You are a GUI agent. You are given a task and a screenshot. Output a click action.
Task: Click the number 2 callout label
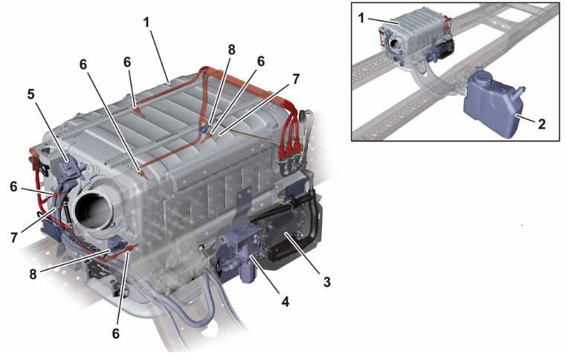tap(541, 124)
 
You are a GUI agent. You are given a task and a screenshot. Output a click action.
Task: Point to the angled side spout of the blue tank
tap(520, 91)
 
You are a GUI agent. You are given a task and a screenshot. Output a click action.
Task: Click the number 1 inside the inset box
tap(361, 17)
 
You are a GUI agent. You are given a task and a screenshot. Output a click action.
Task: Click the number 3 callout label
tap(326, 281)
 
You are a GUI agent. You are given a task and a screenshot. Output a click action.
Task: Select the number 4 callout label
tap(285, 301)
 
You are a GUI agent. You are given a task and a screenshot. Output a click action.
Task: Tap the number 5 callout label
tap(30, 94)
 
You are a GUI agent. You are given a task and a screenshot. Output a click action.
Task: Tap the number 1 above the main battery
tap(146, 23)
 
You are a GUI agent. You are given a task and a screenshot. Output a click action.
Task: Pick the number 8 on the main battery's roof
tap(231, 50)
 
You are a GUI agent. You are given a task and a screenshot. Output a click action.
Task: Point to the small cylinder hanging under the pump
tap(248, 273)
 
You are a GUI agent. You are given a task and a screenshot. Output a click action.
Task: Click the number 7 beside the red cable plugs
tap(296, 79)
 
